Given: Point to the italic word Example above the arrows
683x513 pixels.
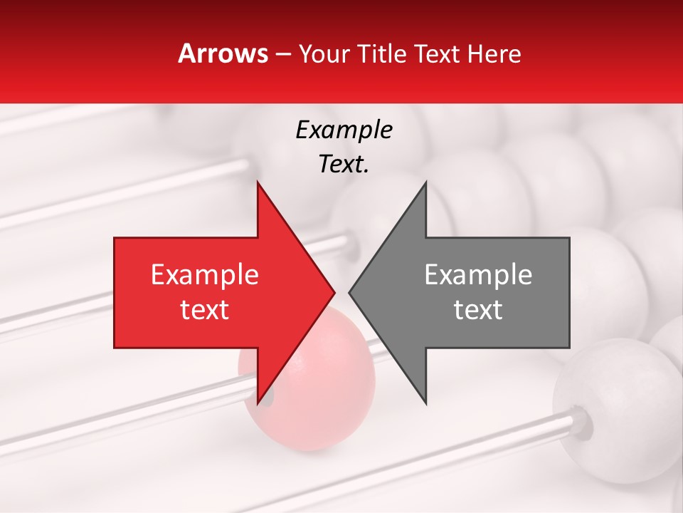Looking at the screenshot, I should tap(344, 130).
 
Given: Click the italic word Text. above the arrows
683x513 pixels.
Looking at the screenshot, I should tap(344, 165).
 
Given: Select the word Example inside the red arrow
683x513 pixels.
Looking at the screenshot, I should tap(205, 275).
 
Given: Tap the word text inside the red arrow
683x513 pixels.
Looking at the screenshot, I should tap(205, 310).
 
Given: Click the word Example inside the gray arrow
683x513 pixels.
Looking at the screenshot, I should tap(478, 275).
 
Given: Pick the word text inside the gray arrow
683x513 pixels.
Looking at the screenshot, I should tap(478, 310).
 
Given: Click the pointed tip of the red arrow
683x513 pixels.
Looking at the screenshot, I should tap(334, 292).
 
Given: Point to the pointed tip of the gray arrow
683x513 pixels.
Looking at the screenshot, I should tap(349, 292).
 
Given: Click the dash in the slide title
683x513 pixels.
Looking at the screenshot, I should tap(282, 54).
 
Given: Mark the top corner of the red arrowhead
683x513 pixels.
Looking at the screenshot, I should tap(258, 182).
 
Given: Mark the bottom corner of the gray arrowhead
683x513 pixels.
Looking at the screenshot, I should tap(425, 403).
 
